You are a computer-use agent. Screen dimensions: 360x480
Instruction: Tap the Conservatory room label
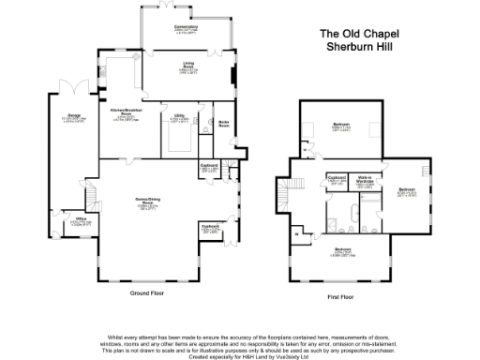(173, 27)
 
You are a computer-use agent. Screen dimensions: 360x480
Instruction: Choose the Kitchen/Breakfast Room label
(126, 113)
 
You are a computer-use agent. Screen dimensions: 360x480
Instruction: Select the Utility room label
(179, 117)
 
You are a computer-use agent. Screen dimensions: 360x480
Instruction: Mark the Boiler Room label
(224, 122)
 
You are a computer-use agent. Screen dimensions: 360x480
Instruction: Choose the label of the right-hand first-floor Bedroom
(407, 190)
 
